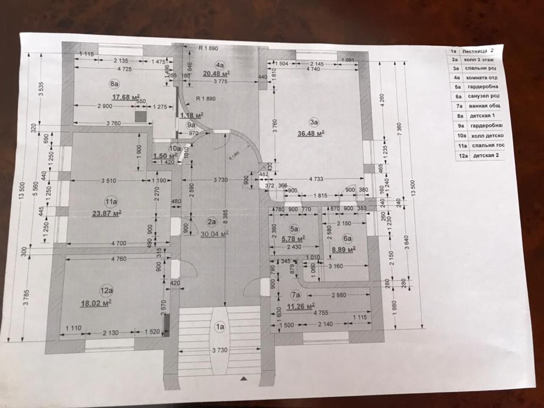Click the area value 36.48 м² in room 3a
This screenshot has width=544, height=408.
tap(311, 133)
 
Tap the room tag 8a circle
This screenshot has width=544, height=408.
tap(114, 83)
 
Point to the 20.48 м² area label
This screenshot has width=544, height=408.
tap(216, 73)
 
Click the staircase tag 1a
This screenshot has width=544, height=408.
tap(219, 327)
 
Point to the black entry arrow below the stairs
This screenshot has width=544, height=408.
tap(244, 378)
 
